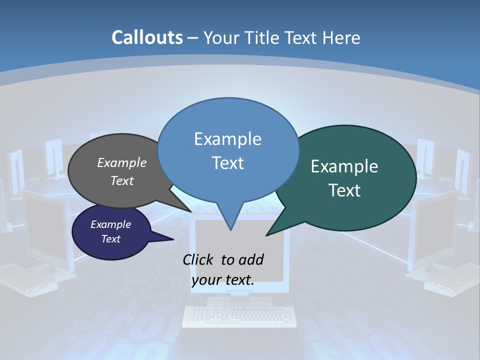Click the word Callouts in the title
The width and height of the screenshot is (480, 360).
[x=147, y=37]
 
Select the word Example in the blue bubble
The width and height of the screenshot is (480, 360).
[x=227, y=139]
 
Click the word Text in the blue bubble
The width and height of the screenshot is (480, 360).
[x=227, y=163]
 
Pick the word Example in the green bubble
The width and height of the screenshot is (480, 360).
[x=344, y=166]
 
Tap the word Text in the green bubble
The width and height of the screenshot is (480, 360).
[x=344, y=190]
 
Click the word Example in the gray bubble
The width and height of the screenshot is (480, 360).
[x=122, y=162]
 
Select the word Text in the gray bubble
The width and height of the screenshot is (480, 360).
[x=122, y=180]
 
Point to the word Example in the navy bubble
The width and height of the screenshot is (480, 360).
[x=110, y=224]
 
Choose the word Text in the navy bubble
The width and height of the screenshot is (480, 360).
[x=110, y=239]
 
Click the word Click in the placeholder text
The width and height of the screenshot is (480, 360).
[x=199, y=259]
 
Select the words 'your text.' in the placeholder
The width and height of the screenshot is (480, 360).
[x=223, y=280]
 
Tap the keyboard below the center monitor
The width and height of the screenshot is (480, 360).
[x=238, y=315]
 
